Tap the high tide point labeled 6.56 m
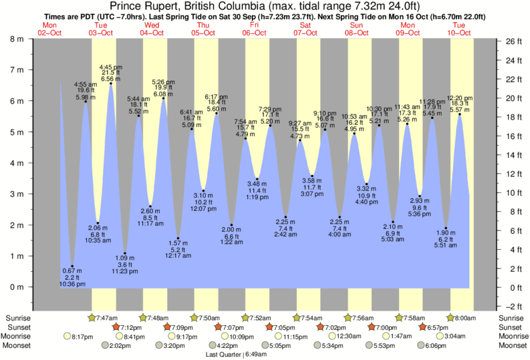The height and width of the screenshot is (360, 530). [x=111, y=83]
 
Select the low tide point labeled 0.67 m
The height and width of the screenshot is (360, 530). [x=72, y=266]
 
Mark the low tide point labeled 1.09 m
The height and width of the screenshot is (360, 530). [x=125, y=253]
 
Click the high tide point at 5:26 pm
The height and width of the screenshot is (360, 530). [x=164, y=98]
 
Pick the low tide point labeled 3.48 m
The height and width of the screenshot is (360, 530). [x=257, y=179]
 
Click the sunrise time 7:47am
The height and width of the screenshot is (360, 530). [x=108, y=318]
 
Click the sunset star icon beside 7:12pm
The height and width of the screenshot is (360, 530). [x=116, y=327]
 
